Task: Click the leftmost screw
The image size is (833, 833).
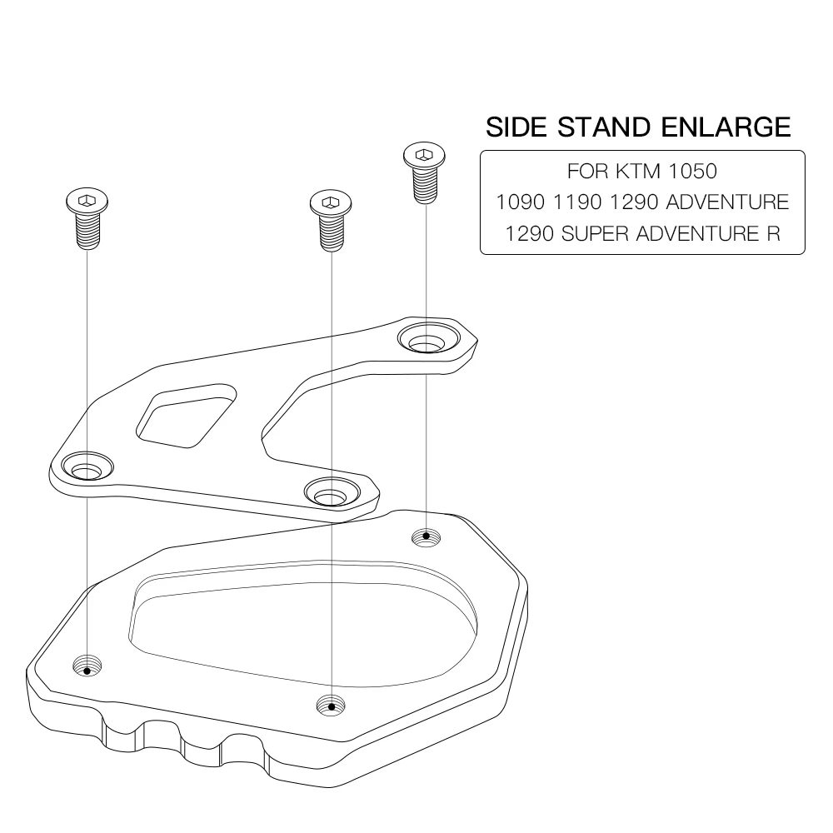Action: click(87, 218)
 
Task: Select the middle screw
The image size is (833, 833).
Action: click(331, 218)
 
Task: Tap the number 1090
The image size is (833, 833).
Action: click(518, 202)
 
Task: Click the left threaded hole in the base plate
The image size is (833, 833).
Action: click(87, 666)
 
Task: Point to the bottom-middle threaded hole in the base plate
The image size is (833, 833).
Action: click(332, 706)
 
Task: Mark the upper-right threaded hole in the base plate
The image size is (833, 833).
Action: click(426, 536)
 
